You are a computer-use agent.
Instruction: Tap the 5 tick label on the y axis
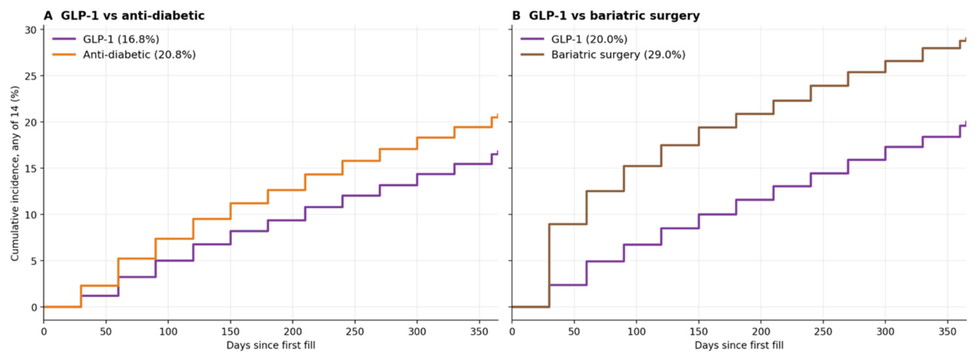34,261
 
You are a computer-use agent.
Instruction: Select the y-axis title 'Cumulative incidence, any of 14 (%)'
15,173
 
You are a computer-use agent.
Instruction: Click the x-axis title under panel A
270,346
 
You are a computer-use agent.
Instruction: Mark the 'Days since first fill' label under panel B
739,346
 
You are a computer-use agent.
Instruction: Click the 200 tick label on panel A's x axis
292,332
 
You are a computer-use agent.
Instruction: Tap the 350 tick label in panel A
479,332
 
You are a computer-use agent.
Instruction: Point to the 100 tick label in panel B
637,332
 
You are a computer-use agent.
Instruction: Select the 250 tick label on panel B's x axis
823,332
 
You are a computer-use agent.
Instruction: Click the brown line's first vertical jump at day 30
549,265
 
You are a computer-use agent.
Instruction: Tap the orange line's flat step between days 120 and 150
211,219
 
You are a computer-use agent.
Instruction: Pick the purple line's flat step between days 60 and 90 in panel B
605,261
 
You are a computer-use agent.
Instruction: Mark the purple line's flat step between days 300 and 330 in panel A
436,175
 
